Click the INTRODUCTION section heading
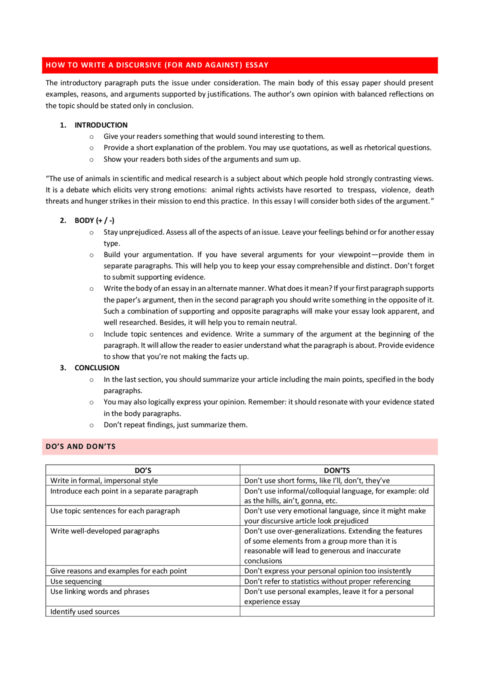101,125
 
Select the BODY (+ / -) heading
94,220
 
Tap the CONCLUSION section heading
97,368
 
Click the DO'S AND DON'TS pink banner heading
81,446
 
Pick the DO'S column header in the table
143,470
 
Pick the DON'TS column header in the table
337,470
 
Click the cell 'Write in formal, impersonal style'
104,481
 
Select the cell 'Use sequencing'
76,581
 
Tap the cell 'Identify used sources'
85,612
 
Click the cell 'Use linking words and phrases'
100,592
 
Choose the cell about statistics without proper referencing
327,581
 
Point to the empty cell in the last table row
337,611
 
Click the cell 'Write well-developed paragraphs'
105,531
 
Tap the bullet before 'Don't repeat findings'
91,425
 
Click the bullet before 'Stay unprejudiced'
91,232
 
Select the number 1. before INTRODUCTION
63,125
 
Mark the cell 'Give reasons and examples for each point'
118,571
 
